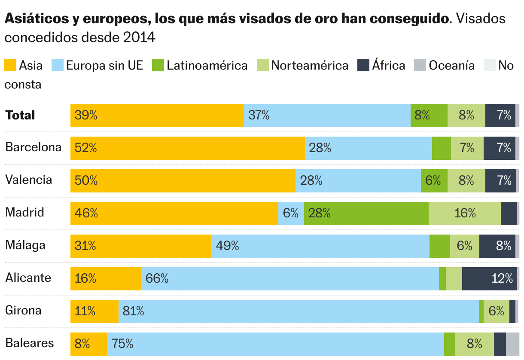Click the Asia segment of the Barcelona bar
point(187,148)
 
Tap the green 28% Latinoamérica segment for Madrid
point(366,214)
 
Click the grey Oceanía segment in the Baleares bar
point(512,344)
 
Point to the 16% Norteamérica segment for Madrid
point(464,214)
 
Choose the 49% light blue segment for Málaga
point(320,246)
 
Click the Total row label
point(20,115)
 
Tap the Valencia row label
point(28,180)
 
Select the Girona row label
point(23,310)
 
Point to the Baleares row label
point(30,343)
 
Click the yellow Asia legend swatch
point(10,65)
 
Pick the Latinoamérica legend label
point(207,65)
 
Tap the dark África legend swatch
point(363,65)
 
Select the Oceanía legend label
point(451,65)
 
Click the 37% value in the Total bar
point(259,115)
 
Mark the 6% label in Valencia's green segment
point(433,180)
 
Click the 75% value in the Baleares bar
point(122,344)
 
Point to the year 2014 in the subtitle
point(139,37)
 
